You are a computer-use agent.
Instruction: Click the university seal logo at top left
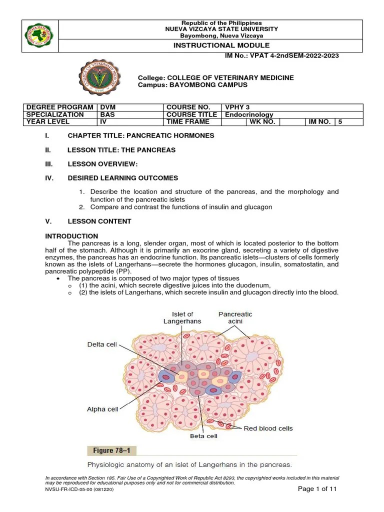[40, 36]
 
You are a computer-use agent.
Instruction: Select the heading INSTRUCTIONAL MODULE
[221, 45]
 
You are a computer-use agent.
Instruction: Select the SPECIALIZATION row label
[55, 114]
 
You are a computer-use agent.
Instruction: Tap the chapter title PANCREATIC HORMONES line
[141, 135]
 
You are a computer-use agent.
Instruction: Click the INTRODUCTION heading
[71, 236]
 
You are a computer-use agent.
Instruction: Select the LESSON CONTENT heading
[99, 221]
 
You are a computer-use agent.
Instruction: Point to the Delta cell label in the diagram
[102, 344]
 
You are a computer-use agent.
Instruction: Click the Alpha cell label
[102, 409]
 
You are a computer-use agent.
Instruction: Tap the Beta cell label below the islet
[203, 436]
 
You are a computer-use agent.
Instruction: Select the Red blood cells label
[268, 428]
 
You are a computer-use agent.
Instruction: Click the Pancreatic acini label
[235, 317]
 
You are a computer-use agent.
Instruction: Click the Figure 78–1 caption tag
[111, 450]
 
